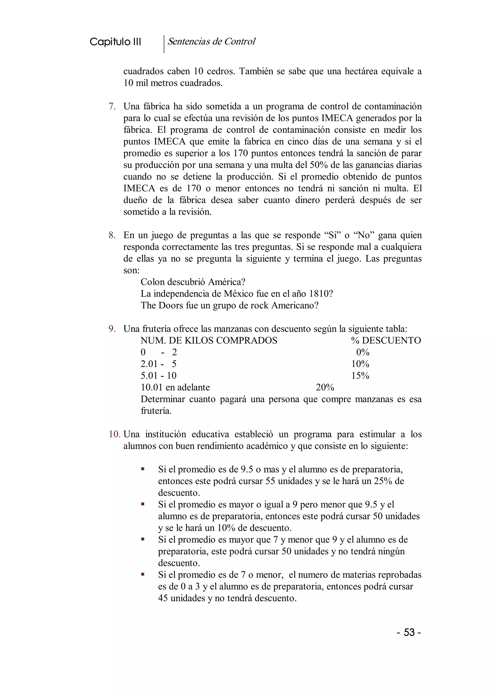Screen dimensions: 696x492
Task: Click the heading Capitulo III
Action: pos(115,42)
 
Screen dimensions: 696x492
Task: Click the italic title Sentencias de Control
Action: pos(211,42)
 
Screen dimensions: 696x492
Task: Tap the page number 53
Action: pos(409,632)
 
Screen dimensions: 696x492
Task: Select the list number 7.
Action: pos(112,106)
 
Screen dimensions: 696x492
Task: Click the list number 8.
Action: pos(112,235)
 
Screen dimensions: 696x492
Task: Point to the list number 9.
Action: pos(112,329)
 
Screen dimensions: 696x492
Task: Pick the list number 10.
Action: pos(115,434)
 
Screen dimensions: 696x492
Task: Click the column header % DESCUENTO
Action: pos(386,341)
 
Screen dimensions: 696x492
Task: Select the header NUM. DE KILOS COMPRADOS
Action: pos(209,341)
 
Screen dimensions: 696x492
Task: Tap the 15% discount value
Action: pos(360,376)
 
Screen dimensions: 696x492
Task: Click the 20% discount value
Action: pos(325,387)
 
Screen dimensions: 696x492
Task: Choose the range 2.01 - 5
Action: pos(159,364)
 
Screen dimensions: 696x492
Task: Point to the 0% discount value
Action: pos(363,353)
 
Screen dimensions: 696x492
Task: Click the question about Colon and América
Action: pos(193,282)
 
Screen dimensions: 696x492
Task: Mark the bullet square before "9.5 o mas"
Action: pos(142,469)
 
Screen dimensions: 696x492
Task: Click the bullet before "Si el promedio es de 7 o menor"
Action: pos(142,574)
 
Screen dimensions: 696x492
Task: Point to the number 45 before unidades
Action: pos(163,598)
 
